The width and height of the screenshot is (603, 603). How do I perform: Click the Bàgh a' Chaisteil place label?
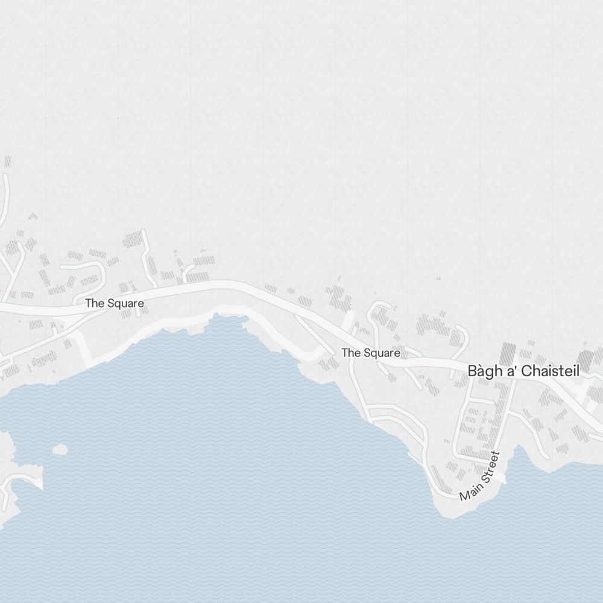coord(523,371)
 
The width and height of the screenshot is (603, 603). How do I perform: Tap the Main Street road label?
coord(480,476)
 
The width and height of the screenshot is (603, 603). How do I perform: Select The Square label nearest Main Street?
coord(371,353)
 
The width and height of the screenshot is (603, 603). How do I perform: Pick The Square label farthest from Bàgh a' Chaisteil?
coord(115,303)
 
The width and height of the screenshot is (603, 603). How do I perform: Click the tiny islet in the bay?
coord(60,449)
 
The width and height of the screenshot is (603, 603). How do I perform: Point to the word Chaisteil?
coord(550,371)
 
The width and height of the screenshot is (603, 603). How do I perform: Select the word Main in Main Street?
coord(469,491)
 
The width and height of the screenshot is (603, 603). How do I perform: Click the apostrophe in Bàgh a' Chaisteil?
coord(516,368)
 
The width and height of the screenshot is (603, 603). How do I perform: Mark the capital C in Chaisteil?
coord(526,371)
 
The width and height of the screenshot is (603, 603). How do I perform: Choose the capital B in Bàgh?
coord(473,371)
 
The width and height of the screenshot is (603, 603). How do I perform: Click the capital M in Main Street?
coord(464,496)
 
